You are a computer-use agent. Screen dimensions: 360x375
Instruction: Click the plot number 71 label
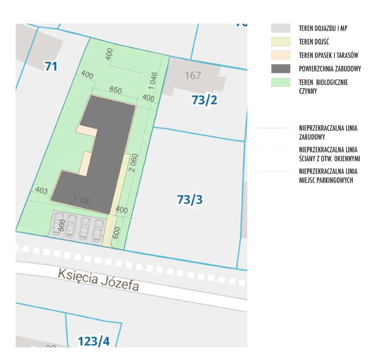click(51, 67)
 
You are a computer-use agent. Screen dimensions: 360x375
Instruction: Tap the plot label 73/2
click(204, 100)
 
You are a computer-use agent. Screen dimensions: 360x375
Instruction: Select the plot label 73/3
click(190, 199)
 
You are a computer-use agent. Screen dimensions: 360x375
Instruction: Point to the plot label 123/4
click(94, 341)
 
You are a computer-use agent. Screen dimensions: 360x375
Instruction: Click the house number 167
click(193, 76)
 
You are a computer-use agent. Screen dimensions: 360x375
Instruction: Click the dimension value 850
click(116, 90)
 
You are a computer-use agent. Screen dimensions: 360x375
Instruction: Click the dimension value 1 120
click(81, 200)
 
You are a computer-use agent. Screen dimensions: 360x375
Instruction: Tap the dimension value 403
click(41, 190)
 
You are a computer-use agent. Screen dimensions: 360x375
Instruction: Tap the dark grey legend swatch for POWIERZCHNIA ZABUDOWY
click(280, 69)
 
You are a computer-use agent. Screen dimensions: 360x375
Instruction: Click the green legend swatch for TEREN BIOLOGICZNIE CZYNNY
click(280, 83)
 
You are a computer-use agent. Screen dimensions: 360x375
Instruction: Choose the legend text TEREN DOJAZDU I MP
click(323, 28)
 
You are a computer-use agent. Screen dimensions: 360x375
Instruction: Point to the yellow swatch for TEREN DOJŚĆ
click(280, 42)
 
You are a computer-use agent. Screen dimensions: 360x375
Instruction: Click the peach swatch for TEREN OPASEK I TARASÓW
click(280, 55)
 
